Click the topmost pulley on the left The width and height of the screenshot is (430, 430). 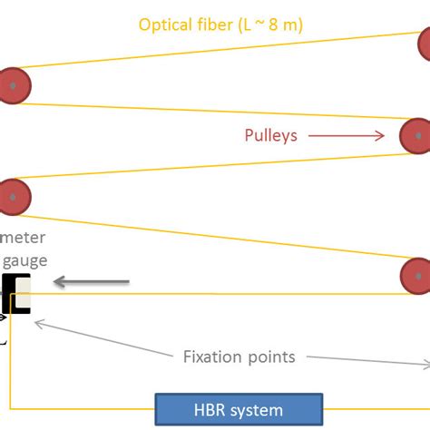pos(14,85)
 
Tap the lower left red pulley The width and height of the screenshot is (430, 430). pos(14,197)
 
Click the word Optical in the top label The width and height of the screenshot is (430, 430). pos(167,24)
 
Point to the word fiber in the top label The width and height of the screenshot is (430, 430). pos(217,24)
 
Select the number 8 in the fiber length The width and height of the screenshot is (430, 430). pos(280,24)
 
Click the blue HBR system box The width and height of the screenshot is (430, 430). pos(239,410)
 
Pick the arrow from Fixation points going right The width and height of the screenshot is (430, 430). pos(367,360)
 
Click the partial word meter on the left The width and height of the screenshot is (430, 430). pos(23,238)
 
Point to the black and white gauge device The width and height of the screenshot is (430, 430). pos(17,292)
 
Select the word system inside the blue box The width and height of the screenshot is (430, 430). pos(259,410)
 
